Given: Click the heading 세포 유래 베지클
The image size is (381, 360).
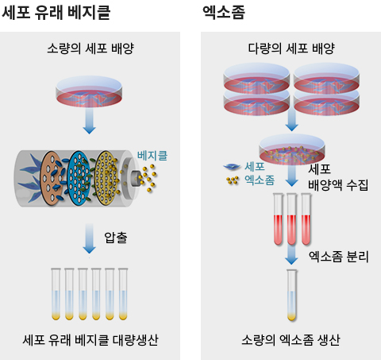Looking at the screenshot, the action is coord(56,13).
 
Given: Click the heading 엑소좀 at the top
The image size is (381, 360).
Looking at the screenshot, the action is coord(224,13).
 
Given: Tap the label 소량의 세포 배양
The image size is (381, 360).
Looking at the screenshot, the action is coord(90,48).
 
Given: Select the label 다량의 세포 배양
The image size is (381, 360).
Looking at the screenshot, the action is coord(291,48).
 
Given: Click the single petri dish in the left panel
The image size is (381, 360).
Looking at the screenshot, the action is coord(89,91).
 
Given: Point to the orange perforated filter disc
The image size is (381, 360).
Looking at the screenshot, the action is coord(52,178).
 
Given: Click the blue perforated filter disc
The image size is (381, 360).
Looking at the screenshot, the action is coord(79,178).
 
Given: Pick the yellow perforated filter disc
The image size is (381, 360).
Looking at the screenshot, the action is coord(106,178).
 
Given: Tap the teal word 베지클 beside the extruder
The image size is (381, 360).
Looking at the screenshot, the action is coord(152,155).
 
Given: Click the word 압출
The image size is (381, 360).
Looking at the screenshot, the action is coord(116,238).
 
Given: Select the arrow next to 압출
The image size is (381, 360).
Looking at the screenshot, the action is coord(89,238).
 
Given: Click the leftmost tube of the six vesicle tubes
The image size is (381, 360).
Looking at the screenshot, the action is coord(56,294).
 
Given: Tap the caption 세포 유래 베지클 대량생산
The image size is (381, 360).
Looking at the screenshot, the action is coord(90,340).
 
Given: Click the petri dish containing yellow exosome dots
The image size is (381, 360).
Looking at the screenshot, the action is coord(292,149).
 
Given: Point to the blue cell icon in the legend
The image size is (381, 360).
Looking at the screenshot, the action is coord(232,167).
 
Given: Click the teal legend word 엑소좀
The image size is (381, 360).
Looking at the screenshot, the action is coord(260,180).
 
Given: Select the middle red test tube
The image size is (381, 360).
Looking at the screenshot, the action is coord(292,219).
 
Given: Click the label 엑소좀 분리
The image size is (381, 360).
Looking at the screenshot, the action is coord(339,257).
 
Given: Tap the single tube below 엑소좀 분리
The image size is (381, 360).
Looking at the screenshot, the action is coord(292,295).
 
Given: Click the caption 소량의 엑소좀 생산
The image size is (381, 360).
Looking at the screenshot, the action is coord(291,340).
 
